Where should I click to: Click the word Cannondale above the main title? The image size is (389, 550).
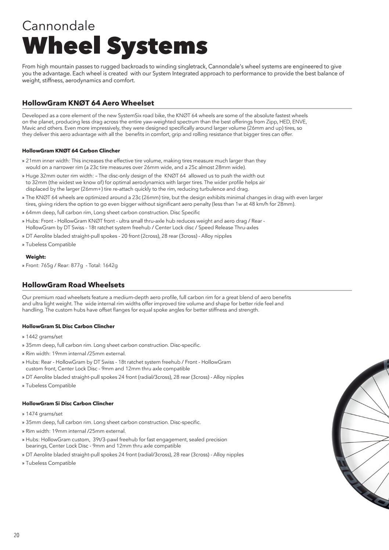point(58,25)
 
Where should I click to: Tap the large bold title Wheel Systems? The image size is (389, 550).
point(115,46)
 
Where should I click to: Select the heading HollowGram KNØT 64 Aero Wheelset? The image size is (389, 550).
point(88,103)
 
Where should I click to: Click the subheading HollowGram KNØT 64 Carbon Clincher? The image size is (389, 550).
point(71,151)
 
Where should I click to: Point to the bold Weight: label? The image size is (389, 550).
point(36,257)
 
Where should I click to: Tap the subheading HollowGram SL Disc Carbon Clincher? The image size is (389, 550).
point(68,326)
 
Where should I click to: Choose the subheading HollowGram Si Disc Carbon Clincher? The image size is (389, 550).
point(68,403)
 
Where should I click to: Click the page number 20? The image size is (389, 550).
point(17,535)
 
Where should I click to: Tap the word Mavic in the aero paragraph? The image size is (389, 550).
point(29,128)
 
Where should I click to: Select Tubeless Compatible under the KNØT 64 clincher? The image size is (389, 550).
point(51,244)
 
